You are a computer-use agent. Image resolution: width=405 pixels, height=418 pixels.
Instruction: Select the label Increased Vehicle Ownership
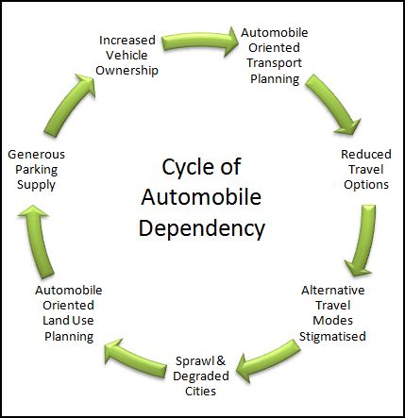129,55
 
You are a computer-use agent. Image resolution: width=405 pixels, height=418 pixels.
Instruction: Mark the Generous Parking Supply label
36,168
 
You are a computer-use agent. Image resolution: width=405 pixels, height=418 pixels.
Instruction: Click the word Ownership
129,71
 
